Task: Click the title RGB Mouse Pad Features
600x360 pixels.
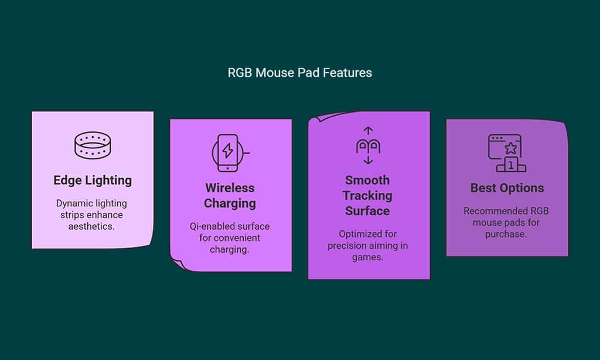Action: pyautogui.click(x=299, y=73)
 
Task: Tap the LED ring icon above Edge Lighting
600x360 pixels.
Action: pyautogui.click(x=93, y=145)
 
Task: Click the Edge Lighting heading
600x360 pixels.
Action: pyautogui.click(x=93, y=181)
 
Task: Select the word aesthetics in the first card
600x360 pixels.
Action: pyautogui.click(x=91, y=226)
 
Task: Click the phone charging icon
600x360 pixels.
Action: pyautogui.click(x=230, y=153)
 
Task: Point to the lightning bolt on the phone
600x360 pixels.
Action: pyautogui.click(x=228, y=151)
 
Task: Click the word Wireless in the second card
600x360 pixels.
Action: pyautogui.click(x=230, y=188)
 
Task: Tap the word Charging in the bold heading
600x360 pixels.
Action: pyautogui.click(x=230, y=203)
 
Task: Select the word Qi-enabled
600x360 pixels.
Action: pyautogui.click(x=210, y=226)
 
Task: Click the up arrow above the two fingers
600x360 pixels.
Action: pyautogui.click(x=368, y=131)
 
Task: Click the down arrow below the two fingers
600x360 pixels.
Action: pyautogui.click(x=368, y=160)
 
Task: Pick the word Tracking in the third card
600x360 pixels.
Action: pyautogui.click(x=367, y=196)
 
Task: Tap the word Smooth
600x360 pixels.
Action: pyautogui.click(x=367, y=180)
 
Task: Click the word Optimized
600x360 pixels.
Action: pyautogui.click(x=368, y=234)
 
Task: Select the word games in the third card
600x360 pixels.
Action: pyautogui.click(x=367, y=257)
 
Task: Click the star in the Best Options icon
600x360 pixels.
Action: pyautogui.click(x=511, y=148)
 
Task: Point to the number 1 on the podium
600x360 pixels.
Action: pyautogui.click(x=511, y=165)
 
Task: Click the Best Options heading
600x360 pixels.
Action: pyautogui.click(x=507, y=188)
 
